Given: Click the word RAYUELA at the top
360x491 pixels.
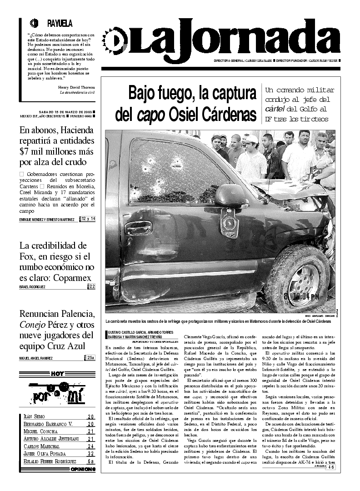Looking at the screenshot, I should pyautogui.click(x=60, y=24).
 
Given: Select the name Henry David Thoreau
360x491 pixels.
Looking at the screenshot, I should pyautogui.click(x=76, y=87).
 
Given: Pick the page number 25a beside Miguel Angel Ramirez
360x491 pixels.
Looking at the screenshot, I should pyautogui.click(x=91, y=358).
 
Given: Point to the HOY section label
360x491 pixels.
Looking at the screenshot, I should pyautogui.click(x=57, y=374).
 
